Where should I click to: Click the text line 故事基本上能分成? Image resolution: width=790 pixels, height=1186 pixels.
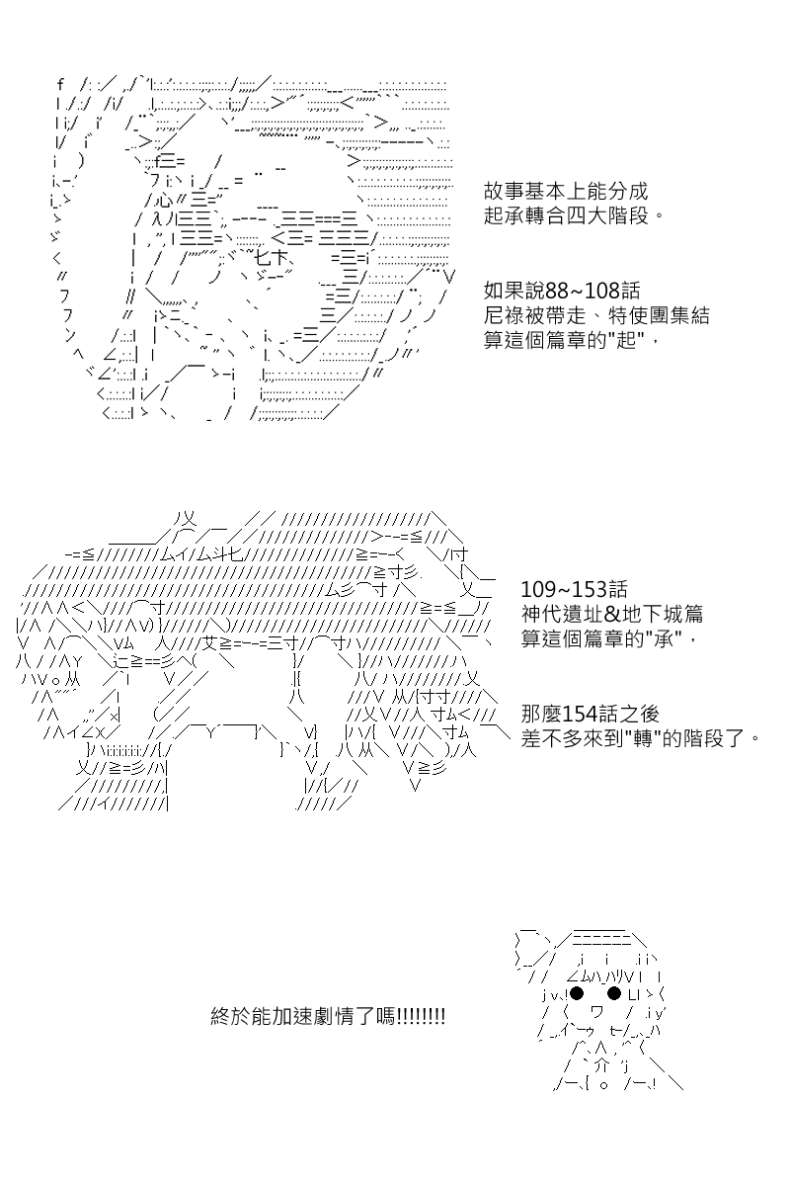(565, 191)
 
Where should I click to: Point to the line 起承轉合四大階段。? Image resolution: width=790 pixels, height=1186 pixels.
(574, 216)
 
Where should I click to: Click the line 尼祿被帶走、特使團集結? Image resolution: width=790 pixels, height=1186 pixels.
(596, 315)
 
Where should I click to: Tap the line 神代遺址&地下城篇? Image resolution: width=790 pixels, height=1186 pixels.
(612, 614)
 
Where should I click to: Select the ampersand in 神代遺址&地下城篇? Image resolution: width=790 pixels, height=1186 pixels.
(612, 614)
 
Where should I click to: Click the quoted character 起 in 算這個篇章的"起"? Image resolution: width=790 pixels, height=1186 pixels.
(626, 340)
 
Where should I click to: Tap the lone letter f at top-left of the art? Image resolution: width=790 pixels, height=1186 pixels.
(60, 84)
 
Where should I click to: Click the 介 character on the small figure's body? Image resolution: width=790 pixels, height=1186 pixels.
(600, 1064)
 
